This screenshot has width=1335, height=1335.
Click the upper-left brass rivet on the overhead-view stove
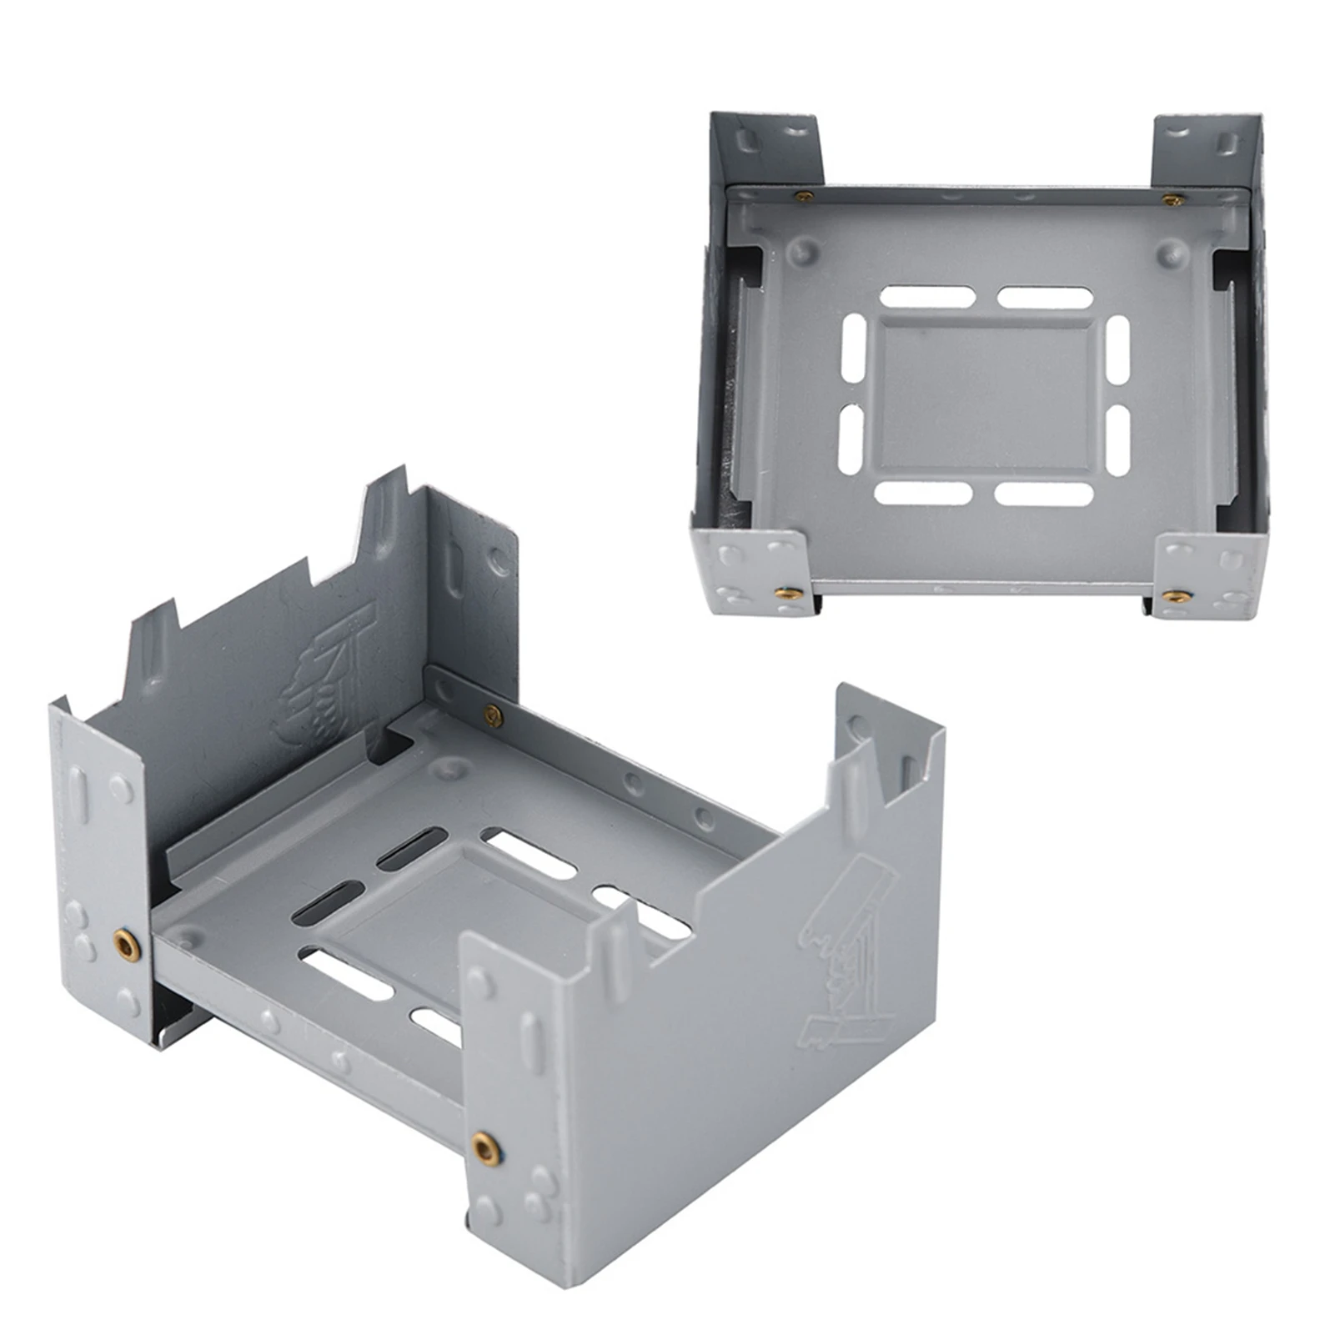click(804, 197)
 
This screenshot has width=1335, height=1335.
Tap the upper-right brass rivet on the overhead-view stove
click(1172, 200)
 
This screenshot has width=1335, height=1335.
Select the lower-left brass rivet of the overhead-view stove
click(785, 593)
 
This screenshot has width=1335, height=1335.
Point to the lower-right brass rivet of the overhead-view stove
click(1175, 595)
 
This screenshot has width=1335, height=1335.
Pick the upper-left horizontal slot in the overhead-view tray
click(927, 297)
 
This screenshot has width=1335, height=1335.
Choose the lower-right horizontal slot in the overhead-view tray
click(1043, 494)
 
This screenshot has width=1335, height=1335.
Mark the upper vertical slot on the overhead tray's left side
click(854, 348)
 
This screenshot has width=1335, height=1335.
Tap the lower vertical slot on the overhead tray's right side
click(1117, 441)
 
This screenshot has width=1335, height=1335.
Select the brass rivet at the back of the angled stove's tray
click(493, 715)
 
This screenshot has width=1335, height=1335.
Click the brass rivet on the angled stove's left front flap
click(127, 944)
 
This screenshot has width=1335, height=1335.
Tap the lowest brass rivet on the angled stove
click(485, 1149)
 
